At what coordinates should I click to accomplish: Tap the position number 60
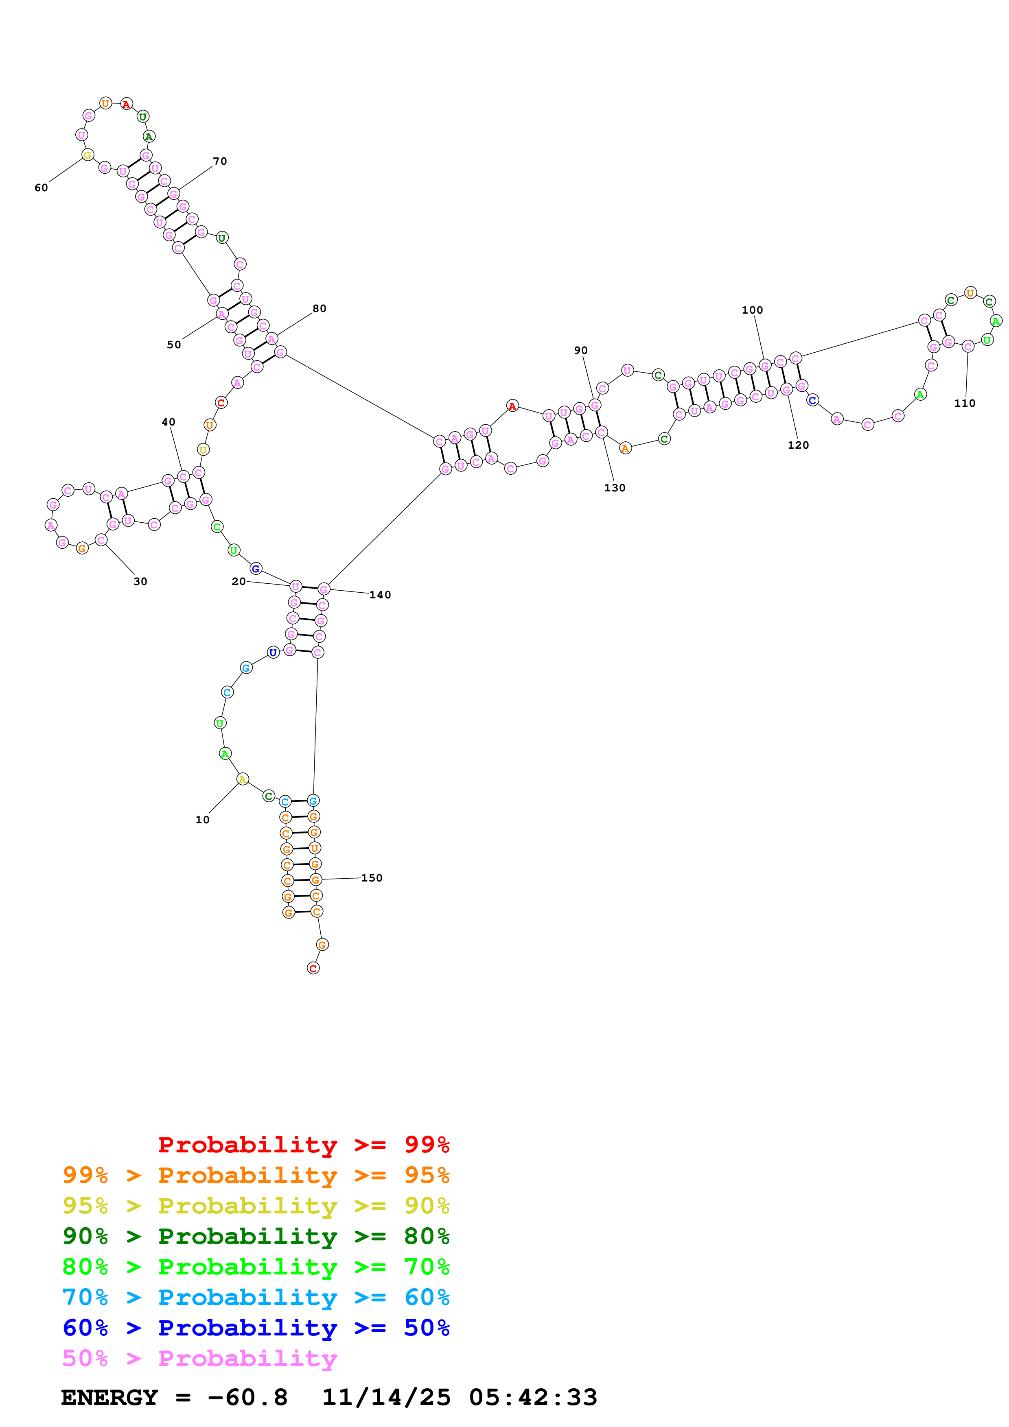[41, 188]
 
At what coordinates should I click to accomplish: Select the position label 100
[752, 310]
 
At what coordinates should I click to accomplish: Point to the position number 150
[372, 878]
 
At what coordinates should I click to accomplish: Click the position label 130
[614, 488]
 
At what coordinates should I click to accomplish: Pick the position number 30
[140, 582]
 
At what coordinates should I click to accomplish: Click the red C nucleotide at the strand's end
[313, 968]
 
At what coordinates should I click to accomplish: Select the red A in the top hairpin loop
[126, 104]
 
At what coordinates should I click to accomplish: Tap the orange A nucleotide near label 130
[626, 448]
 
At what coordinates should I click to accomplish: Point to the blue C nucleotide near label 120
[812, 400]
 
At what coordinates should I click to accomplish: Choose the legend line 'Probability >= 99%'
[303, 1144]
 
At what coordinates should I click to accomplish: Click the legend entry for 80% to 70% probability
[256, 1267]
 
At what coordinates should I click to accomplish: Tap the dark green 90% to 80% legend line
[256, 1236]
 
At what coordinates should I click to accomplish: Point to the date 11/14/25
[386, 1398]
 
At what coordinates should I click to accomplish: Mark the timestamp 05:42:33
[533, 1398]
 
